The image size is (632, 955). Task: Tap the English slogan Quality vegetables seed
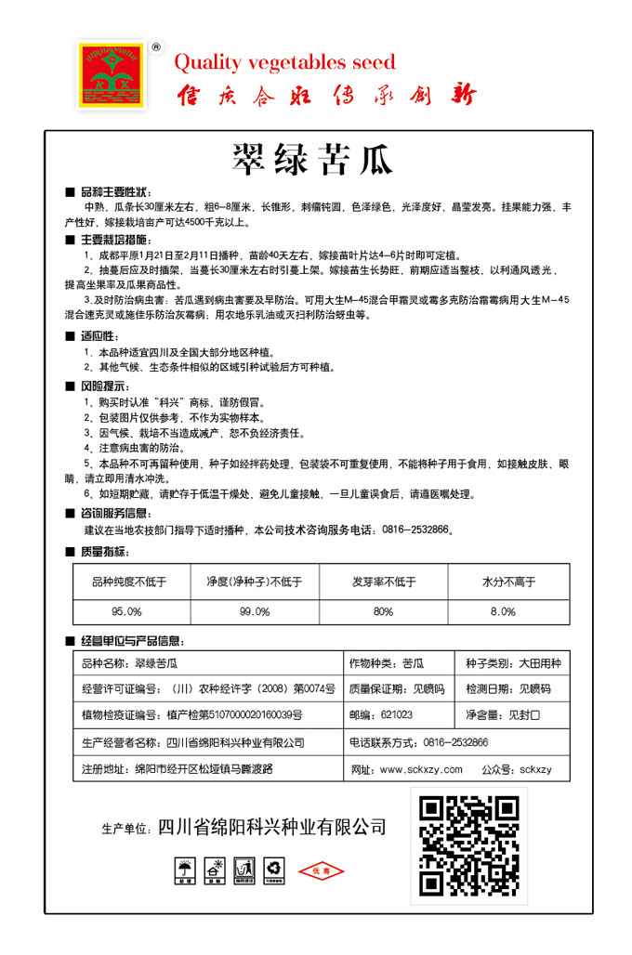coord(284,62)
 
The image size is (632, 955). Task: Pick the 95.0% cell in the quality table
coord(126,611)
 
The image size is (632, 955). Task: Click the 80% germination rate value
coord(383,611)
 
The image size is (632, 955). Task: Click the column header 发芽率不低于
coord(383,582)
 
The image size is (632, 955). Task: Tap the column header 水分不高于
coord(508,582)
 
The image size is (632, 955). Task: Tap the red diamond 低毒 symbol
coord(321,871)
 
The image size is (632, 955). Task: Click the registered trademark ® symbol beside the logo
coord(155,46)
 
